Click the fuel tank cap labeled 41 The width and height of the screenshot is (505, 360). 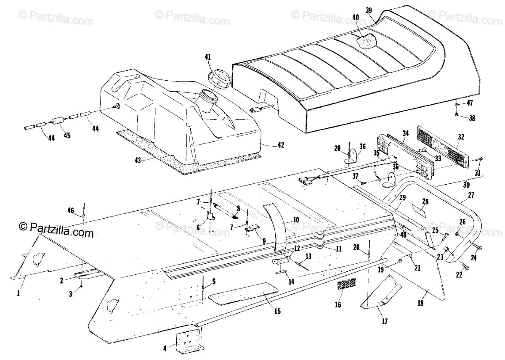tap(218, 78)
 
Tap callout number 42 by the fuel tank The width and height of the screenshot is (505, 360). tap(280, 145)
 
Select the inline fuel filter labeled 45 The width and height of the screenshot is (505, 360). tap(57, 122)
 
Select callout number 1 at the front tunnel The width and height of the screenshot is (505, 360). tap(19, 294)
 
